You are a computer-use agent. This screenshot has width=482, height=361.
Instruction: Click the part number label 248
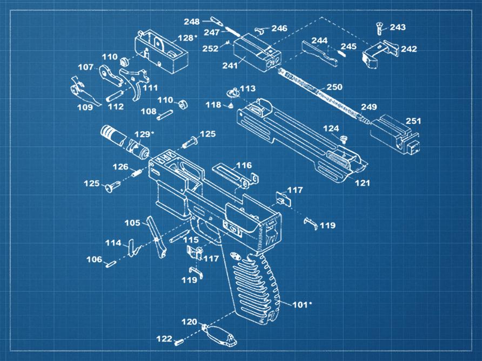click(191, 22)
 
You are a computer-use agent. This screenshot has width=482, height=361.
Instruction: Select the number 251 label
click(413, 121)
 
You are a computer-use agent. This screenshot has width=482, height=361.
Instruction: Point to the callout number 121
click(362, 183)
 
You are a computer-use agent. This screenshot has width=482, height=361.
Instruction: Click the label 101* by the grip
click(302, 304)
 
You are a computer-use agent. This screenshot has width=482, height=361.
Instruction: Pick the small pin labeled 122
click(180, 340)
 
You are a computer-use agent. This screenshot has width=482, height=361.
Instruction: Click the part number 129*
click(144, 133)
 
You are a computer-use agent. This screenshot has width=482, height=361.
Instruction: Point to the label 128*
click(187, 38)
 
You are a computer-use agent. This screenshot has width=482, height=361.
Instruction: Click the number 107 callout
click(86, 67)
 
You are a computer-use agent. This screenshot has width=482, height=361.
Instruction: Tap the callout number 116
click(244, 165)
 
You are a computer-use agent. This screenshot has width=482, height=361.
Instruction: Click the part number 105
click(132, 222)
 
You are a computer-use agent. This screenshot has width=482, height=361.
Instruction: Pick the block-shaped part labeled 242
click(379, 53)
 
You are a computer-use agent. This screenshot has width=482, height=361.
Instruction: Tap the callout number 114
click(113, 243)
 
